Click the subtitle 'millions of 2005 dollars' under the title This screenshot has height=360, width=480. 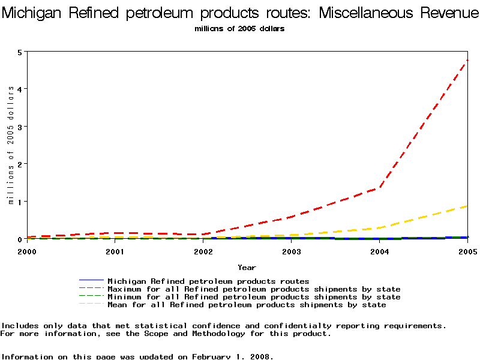[x=239, y=29]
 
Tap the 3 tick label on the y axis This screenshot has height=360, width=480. [x=20, y=127]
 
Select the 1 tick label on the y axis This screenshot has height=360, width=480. [x=20, y=202]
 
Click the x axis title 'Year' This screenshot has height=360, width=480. [x=247, y=268]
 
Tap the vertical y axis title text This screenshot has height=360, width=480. [x=10, y=145]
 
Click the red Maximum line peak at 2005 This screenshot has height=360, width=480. [x=467, y=61]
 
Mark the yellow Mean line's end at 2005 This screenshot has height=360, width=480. [x=467, y=206]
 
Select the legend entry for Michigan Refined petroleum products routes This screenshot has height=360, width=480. [x=208, y=281]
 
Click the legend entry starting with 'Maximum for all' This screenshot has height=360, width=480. [x=254, y=289]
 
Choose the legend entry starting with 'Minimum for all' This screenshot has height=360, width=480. [x=254, y=297]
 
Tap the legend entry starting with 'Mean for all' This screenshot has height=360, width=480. [x=247, y=305]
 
